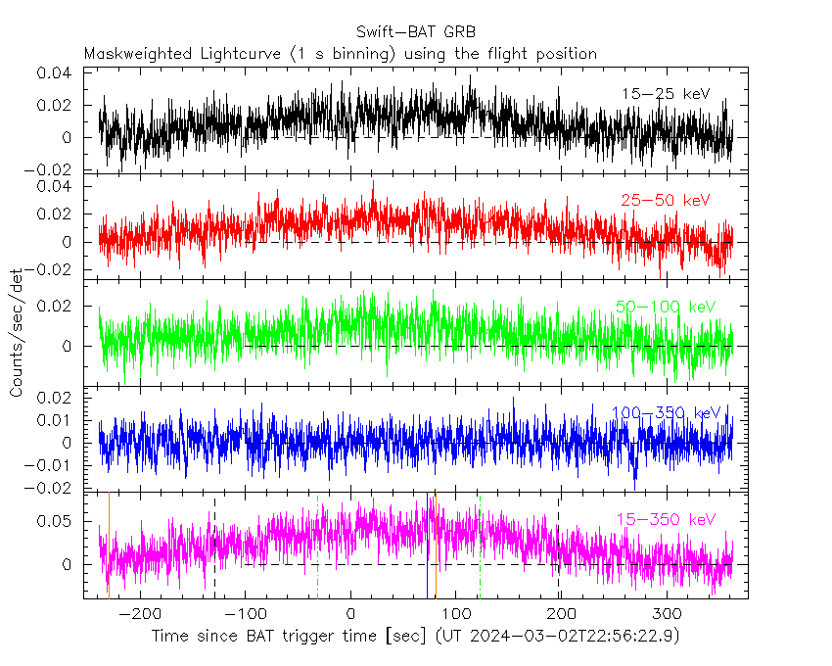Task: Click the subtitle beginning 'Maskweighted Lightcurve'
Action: pyautogui.click(x=341, y=54)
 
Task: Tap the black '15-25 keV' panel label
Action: pyautogui.click(x=666, y=94)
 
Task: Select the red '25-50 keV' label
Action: pyautogui.click(x=666, y=201)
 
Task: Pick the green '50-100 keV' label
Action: pyautogui.click(x=666, y=307)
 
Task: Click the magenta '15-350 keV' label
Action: pyautogui.click(x=666, y=519)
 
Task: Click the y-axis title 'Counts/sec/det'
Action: pyautogui.click(x=17, y=333)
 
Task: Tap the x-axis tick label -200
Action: pyautogui.click(x=140, y=613)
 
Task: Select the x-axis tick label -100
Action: pyautogui.click(x=245, y=613)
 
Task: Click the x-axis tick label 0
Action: pyautogui.click(x=351, y=613)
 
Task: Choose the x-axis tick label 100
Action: pyautogui.click(x=457, y=613)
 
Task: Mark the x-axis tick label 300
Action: pyautogui.click(x=668, y=613)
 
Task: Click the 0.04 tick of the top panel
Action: pyautogui.click(x=56, y=73)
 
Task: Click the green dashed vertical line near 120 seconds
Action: pyautogui.click(x=480, y=548)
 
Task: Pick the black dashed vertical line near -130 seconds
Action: pyautogui.click(x=214, y=548)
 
